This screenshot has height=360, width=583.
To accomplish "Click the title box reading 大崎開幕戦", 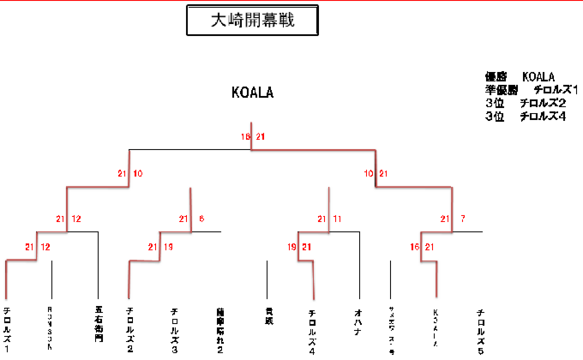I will point(253,21).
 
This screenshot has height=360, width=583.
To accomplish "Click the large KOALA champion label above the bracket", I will point(252,93).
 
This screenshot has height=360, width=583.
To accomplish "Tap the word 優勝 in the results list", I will point(498,76).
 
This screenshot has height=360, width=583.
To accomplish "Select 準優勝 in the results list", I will point(503,89).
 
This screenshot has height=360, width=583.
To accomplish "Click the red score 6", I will point(201,219).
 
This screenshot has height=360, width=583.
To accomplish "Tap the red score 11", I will point(337,219).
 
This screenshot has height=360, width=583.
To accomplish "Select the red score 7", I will point(463,219).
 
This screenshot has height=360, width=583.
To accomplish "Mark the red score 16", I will point(415,248).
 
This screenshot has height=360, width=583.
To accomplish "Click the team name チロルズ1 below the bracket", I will point(7,330).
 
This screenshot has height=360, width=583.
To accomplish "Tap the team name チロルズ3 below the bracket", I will point(175,330).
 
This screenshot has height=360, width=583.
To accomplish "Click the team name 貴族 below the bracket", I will point(268,315).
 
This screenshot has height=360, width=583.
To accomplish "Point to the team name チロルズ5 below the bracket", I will point(481,330).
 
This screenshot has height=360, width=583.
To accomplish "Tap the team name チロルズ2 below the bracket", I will point(129,330).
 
